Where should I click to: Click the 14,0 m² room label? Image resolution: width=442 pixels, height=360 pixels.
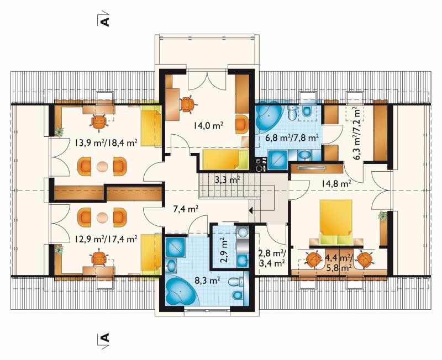coord(209,125)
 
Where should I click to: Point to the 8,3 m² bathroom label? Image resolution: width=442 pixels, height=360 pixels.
coord(208,280)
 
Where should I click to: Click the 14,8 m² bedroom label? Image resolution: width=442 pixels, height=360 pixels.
coord(336,184)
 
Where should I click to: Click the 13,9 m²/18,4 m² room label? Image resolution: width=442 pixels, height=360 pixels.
coord(106,142)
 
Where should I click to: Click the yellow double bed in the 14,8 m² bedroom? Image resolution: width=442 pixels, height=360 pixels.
coord(336,222)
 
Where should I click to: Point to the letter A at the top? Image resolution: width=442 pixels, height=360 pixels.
coord(105,22)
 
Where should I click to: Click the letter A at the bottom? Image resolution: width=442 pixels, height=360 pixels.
coord(105,337)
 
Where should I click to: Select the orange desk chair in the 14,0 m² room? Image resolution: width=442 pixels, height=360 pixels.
coord(187,104)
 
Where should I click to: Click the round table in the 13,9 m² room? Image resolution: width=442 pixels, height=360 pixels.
coord(102,167)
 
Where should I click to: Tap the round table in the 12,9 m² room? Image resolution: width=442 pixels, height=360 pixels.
coord(102,218)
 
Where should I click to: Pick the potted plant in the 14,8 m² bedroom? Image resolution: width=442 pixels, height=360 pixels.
coord(382,216)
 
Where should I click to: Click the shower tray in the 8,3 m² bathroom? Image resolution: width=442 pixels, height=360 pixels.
coord(175,247)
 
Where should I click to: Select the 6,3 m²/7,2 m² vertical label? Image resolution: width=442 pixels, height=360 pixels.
coord(357,134)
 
